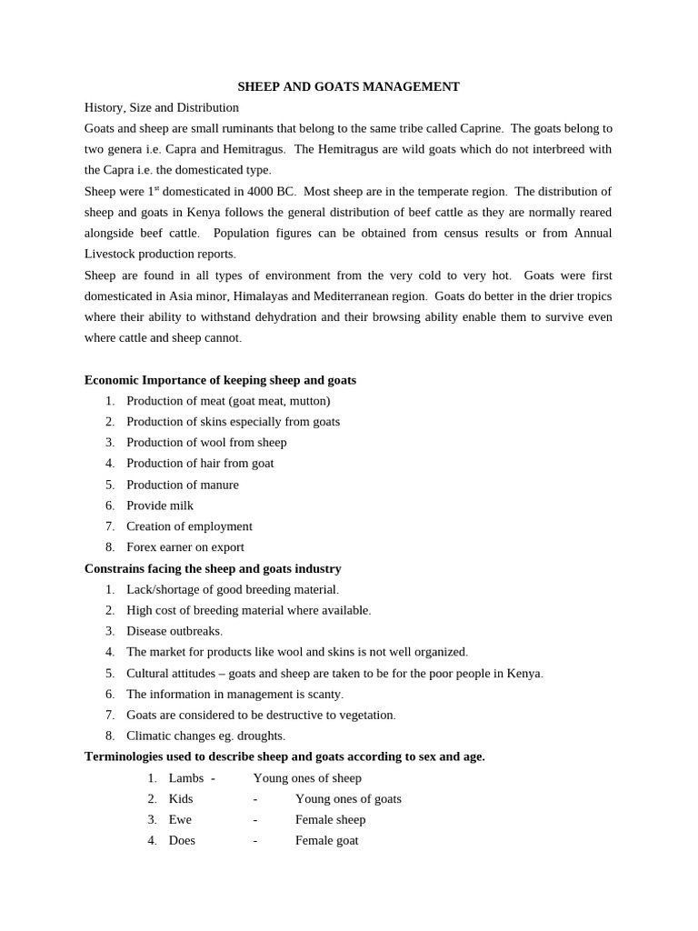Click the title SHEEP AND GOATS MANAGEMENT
tap(348, 86)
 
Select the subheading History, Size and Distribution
tap(162, 107)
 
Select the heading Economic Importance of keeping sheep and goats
tap(220, 380)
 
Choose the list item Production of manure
tap(183, 485)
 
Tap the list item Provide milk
tap(160, 506)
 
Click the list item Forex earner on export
tap(185, 547)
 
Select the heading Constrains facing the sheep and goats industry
tap(213, 568)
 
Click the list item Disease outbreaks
tap(174, 631)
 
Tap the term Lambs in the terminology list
tap(186, 778)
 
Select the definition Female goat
tap(326, 840)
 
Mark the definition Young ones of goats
tap(348, 798)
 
